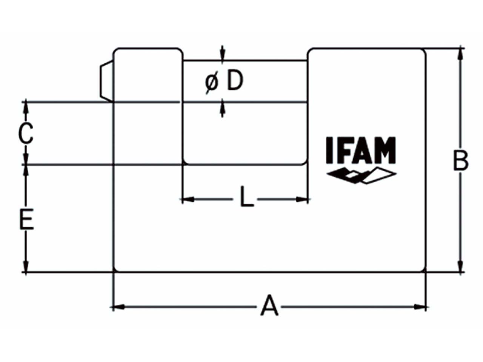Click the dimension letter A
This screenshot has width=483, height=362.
[269, 306]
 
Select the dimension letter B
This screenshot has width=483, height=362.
[461, 161]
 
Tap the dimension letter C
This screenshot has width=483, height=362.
[26, 133]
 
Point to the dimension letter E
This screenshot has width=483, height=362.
[26, 220]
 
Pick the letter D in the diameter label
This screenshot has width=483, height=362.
[235, 81]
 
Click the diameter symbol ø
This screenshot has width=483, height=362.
[212, 82]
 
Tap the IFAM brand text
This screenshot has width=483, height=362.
[361, 150]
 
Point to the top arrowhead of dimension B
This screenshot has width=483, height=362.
[460, 54]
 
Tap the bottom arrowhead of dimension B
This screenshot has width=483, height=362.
[460, 266]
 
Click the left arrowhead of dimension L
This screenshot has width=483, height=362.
[188, 199]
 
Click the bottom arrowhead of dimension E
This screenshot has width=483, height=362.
[26, 266]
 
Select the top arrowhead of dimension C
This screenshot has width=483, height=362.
[26, 107]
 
